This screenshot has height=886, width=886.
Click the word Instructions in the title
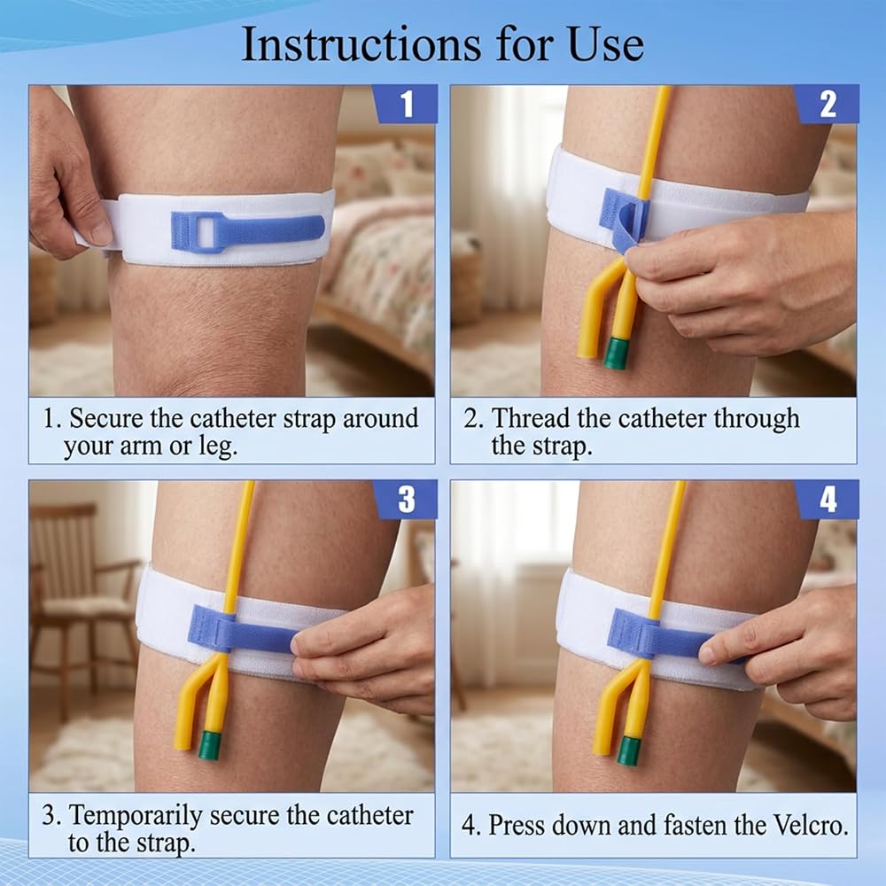pos(361,45)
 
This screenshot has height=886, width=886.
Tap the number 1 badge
pos(405,104)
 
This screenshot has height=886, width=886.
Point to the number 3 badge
pos(405,500)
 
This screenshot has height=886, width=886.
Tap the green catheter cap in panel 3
pos(211,746)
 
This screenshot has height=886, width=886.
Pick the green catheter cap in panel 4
pos(628,750)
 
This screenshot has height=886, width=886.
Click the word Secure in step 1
pos(106,419)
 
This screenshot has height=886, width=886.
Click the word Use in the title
pos(606,45)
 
